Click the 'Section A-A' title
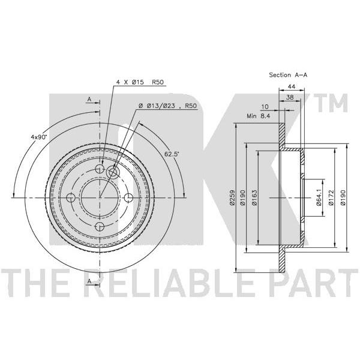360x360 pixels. [x=288, y=75]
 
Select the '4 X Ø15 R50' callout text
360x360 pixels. [x=140, y=82]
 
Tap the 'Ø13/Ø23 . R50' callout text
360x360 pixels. [x=168, y=106]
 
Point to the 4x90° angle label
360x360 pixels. [x=39, y=137]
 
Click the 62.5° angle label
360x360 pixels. [x=172, y=154]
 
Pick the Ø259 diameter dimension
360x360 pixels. [x=232, y=197]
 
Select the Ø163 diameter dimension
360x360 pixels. [x=254, y=197]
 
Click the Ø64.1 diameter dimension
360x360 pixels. [x=319, y=197]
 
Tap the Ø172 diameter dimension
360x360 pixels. [x=331, y=197]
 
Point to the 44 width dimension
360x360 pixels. [x=292, y=86]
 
